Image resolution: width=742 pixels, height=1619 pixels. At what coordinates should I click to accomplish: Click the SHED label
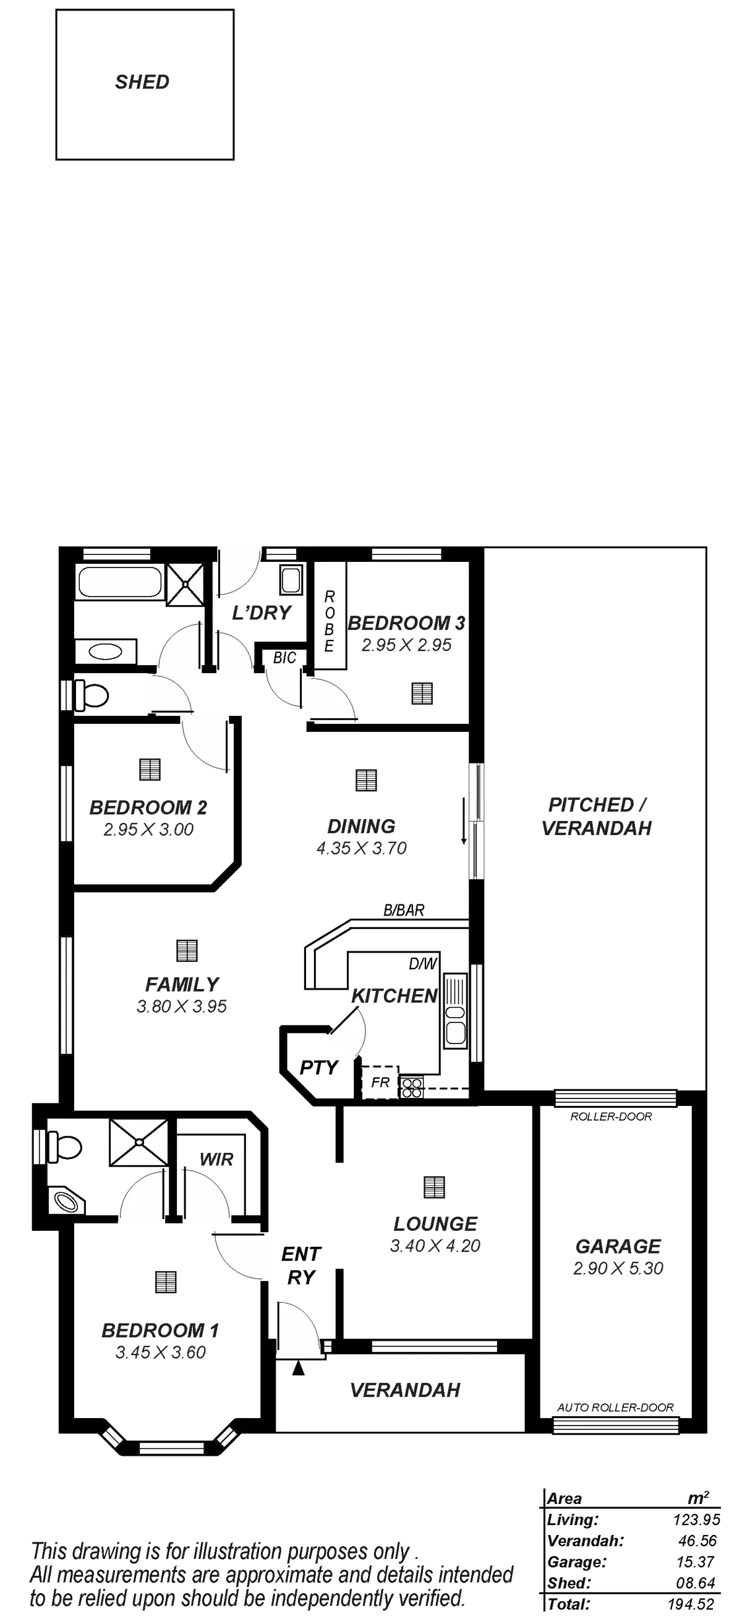click(142, 82)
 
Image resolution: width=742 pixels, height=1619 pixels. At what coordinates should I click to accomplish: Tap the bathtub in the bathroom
click(119, 582)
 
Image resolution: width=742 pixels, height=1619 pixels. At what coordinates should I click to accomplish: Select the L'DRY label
click(262, 613)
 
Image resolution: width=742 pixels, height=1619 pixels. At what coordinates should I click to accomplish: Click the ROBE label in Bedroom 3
click(329, 621)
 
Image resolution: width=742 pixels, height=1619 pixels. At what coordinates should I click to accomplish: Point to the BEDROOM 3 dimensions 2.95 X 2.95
click(407, 645)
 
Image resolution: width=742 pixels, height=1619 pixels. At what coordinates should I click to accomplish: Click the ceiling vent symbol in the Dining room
click(365, 780)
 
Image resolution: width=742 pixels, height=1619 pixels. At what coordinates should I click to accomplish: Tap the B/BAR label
click(404, 909)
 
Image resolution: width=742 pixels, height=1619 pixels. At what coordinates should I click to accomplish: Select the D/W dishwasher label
click(422, 964)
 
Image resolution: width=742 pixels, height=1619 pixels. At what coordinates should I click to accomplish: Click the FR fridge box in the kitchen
click(380, 1082)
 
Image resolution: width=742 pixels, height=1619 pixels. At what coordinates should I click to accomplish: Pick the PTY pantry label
click(318, 1067)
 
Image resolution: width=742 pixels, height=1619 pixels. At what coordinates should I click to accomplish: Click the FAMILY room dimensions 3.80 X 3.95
click(181, 1006)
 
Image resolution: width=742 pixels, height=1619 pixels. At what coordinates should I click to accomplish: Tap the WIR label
click(217, 1160)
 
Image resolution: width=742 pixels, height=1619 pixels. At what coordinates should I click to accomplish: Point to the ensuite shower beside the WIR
click(139, 1142)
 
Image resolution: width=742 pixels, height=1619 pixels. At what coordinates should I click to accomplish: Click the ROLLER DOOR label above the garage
click(610, 1117)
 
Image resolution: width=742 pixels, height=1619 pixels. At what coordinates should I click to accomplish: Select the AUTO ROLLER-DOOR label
click(615, 1407)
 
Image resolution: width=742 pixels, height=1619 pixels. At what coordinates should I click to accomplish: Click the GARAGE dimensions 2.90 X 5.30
click(618, 1268)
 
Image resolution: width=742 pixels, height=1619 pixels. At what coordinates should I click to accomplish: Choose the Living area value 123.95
click(696, 1520)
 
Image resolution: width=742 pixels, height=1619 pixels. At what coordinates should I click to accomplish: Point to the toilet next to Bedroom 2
click(92, 695)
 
